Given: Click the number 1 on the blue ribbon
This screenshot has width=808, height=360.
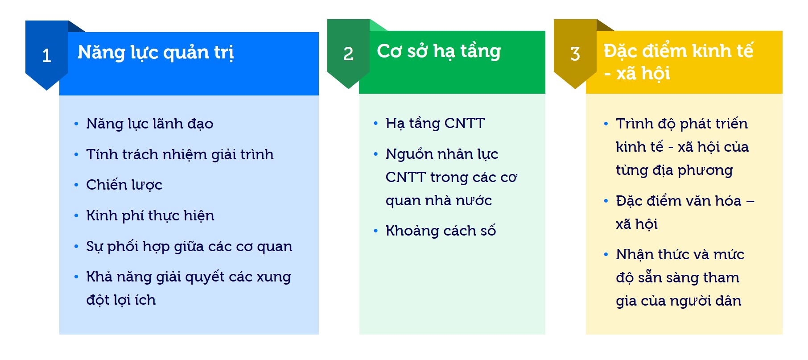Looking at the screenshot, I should coord(46,56).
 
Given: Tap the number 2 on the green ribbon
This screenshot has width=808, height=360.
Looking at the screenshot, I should coord(348,54).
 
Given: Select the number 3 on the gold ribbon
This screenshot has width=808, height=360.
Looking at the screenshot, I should coord(575,54).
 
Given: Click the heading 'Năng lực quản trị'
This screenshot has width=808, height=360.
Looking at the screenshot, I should coord(156,53).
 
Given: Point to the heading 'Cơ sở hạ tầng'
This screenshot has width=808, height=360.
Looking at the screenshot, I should coord(439,51).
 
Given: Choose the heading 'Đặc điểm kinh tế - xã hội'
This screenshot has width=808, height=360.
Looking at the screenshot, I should coord(678,62).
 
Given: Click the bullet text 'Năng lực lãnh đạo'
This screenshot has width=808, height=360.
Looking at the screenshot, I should coord(150,124).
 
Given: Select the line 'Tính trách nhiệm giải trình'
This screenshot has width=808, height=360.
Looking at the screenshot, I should coord(180,154).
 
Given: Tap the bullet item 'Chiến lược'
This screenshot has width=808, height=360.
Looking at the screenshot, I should coord(124,185).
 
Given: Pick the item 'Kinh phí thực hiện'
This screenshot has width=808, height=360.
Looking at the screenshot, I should coord(150,215).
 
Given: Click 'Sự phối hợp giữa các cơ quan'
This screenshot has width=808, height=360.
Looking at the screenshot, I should coord(189,246).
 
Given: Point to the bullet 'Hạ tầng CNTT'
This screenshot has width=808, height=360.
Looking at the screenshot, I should coord(435,123).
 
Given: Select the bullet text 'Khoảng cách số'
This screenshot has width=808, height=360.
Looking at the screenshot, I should coord(441,231).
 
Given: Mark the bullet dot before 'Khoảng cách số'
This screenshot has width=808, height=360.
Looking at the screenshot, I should coord(375,231).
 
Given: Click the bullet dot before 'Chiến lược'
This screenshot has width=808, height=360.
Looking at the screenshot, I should coord(76,185).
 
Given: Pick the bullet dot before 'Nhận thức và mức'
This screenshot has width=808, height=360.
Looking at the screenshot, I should coord(606,255).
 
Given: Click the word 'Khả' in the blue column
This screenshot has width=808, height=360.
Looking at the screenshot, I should coord(99,277).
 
